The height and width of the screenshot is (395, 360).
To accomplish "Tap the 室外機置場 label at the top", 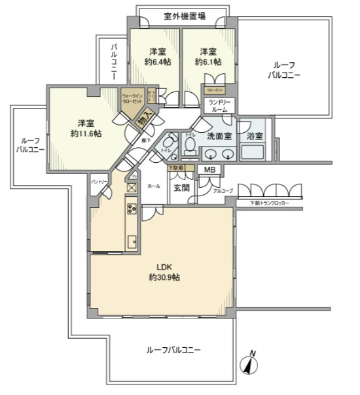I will (182, 16).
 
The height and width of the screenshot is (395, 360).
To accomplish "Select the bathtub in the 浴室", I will (253, 152).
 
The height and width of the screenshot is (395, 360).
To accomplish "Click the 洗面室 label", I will (219, 136).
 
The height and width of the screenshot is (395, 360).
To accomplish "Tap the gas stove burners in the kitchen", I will (130, 210).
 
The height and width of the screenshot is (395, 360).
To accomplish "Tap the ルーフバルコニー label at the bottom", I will (173, 350).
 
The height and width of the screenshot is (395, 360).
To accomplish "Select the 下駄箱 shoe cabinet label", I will (176, 168).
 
